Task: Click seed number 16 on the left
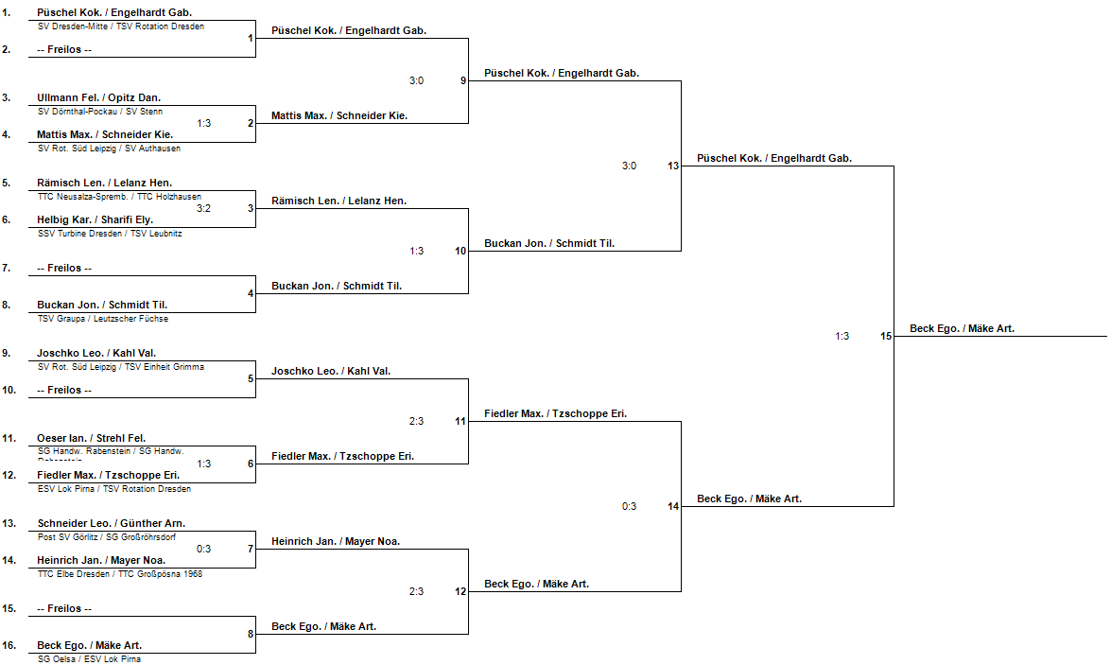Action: point(8,646)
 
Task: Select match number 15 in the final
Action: point(886,336)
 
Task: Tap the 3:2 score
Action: point(204,208)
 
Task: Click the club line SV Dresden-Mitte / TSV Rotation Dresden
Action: point(121,26)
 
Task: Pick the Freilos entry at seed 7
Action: point(64,268)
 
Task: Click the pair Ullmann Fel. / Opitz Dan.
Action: point(99,97)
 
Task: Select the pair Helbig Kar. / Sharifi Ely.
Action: point(95,219)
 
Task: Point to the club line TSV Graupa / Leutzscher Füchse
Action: point(102,319)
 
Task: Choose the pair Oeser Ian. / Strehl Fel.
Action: point(92,438)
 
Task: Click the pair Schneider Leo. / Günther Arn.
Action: point(112,523)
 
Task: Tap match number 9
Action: point(463,80)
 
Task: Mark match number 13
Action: point(673,166)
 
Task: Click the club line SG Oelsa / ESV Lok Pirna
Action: point(89,659)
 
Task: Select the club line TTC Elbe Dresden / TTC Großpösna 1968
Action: point(120,574)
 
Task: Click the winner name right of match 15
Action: point(962,329)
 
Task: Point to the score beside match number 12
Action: point(416,591)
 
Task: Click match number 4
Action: point(251,293)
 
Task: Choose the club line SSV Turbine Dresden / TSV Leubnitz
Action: point(110,234)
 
